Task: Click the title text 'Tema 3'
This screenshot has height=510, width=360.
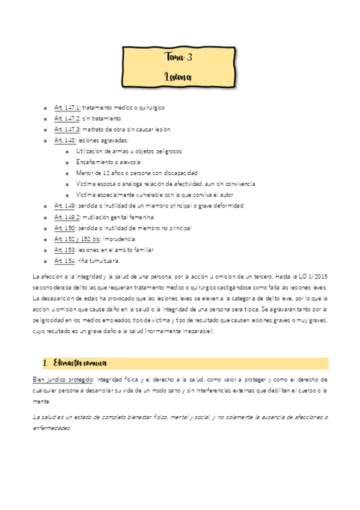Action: [x=178, y=58]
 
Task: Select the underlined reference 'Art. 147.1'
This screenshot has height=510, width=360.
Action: [x=67, y=108]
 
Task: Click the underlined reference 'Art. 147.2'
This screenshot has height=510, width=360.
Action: [x=67, y=118]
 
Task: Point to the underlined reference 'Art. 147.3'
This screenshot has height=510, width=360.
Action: [x=67, y=129]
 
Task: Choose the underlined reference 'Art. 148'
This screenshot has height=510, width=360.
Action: [x=64, y=140]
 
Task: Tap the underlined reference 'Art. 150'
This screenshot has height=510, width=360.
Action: [x=64, y=228]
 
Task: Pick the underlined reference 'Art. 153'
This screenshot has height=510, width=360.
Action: [x=64, y=250]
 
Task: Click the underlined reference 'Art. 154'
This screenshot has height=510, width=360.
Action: [x=64, y=261]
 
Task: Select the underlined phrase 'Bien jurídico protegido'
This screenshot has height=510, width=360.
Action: [x=63, y=379]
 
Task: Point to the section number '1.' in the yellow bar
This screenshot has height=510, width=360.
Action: [x=46, y=363]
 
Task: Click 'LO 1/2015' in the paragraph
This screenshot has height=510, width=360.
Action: [x=313, y=277]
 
